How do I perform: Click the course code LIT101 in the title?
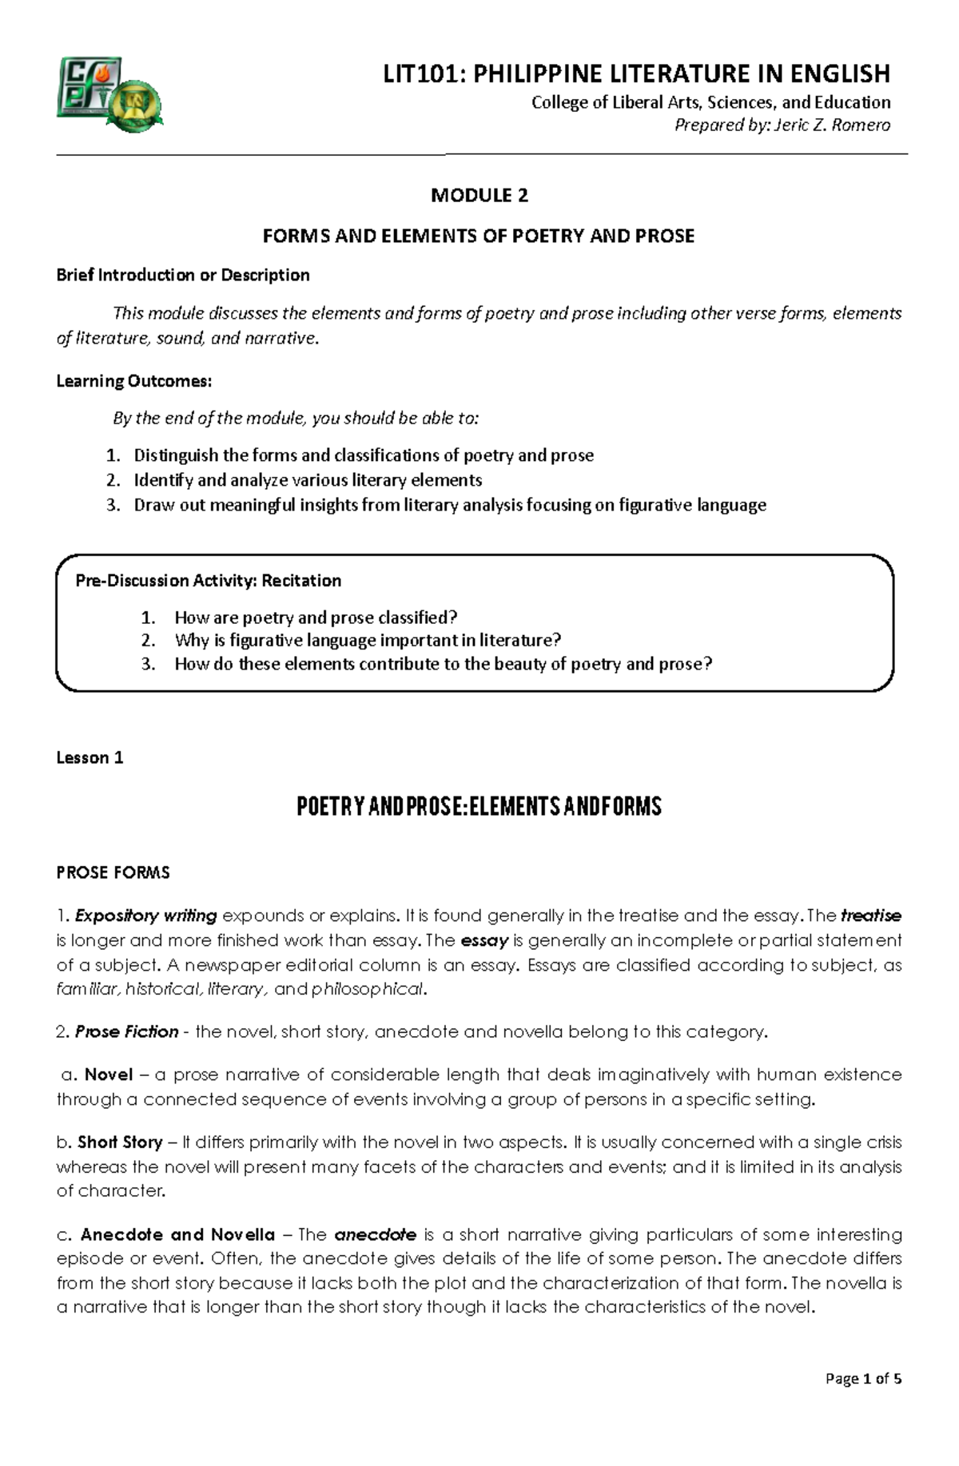point(424,73)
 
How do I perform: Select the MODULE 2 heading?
point(479,195)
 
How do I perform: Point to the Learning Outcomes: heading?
point(134,381)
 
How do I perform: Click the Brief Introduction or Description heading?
point(183,275)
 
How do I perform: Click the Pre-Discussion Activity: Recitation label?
point(209,581)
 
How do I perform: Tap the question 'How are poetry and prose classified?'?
point(316,618)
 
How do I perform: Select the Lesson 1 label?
point(90,757)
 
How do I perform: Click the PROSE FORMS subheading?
point(113,872)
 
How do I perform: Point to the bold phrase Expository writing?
point(146,916)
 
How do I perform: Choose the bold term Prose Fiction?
point(126,1032)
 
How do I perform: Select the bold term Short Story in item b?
point(120,1142)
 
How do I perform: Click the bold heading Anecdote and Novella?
point(177,1235)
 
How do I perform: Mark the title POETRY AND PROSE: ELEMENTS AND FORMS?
point(479,807)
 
